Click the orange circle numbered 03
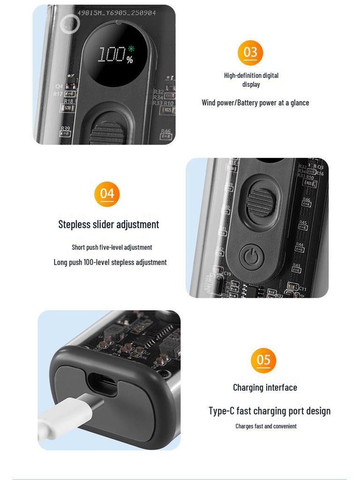tap(250, 52)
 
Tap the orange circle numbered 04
tap(107, 194)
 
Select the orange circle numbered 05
tap(263, 360)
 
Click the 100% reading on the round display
tap(115, 55)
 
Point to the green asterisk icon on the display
tap(131, 49)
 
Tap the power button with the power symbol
tap(252, 257)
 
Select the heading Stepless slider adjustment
tap(109, 225)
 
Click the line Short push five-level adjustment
tap(112, 247)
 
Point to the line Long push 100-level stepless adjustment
tap(110, 262)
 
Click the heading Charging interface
tap(265, 387)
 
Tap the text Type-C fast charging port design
tap(270, 411)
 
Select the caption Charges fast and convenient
tap(266, 426)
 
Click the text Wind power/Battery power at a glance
tap(255, 103)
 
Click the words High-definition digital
tap(251, 75)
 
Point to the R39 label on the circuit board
tap(65, 128)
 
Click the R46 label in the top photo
tap(166, 131)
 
